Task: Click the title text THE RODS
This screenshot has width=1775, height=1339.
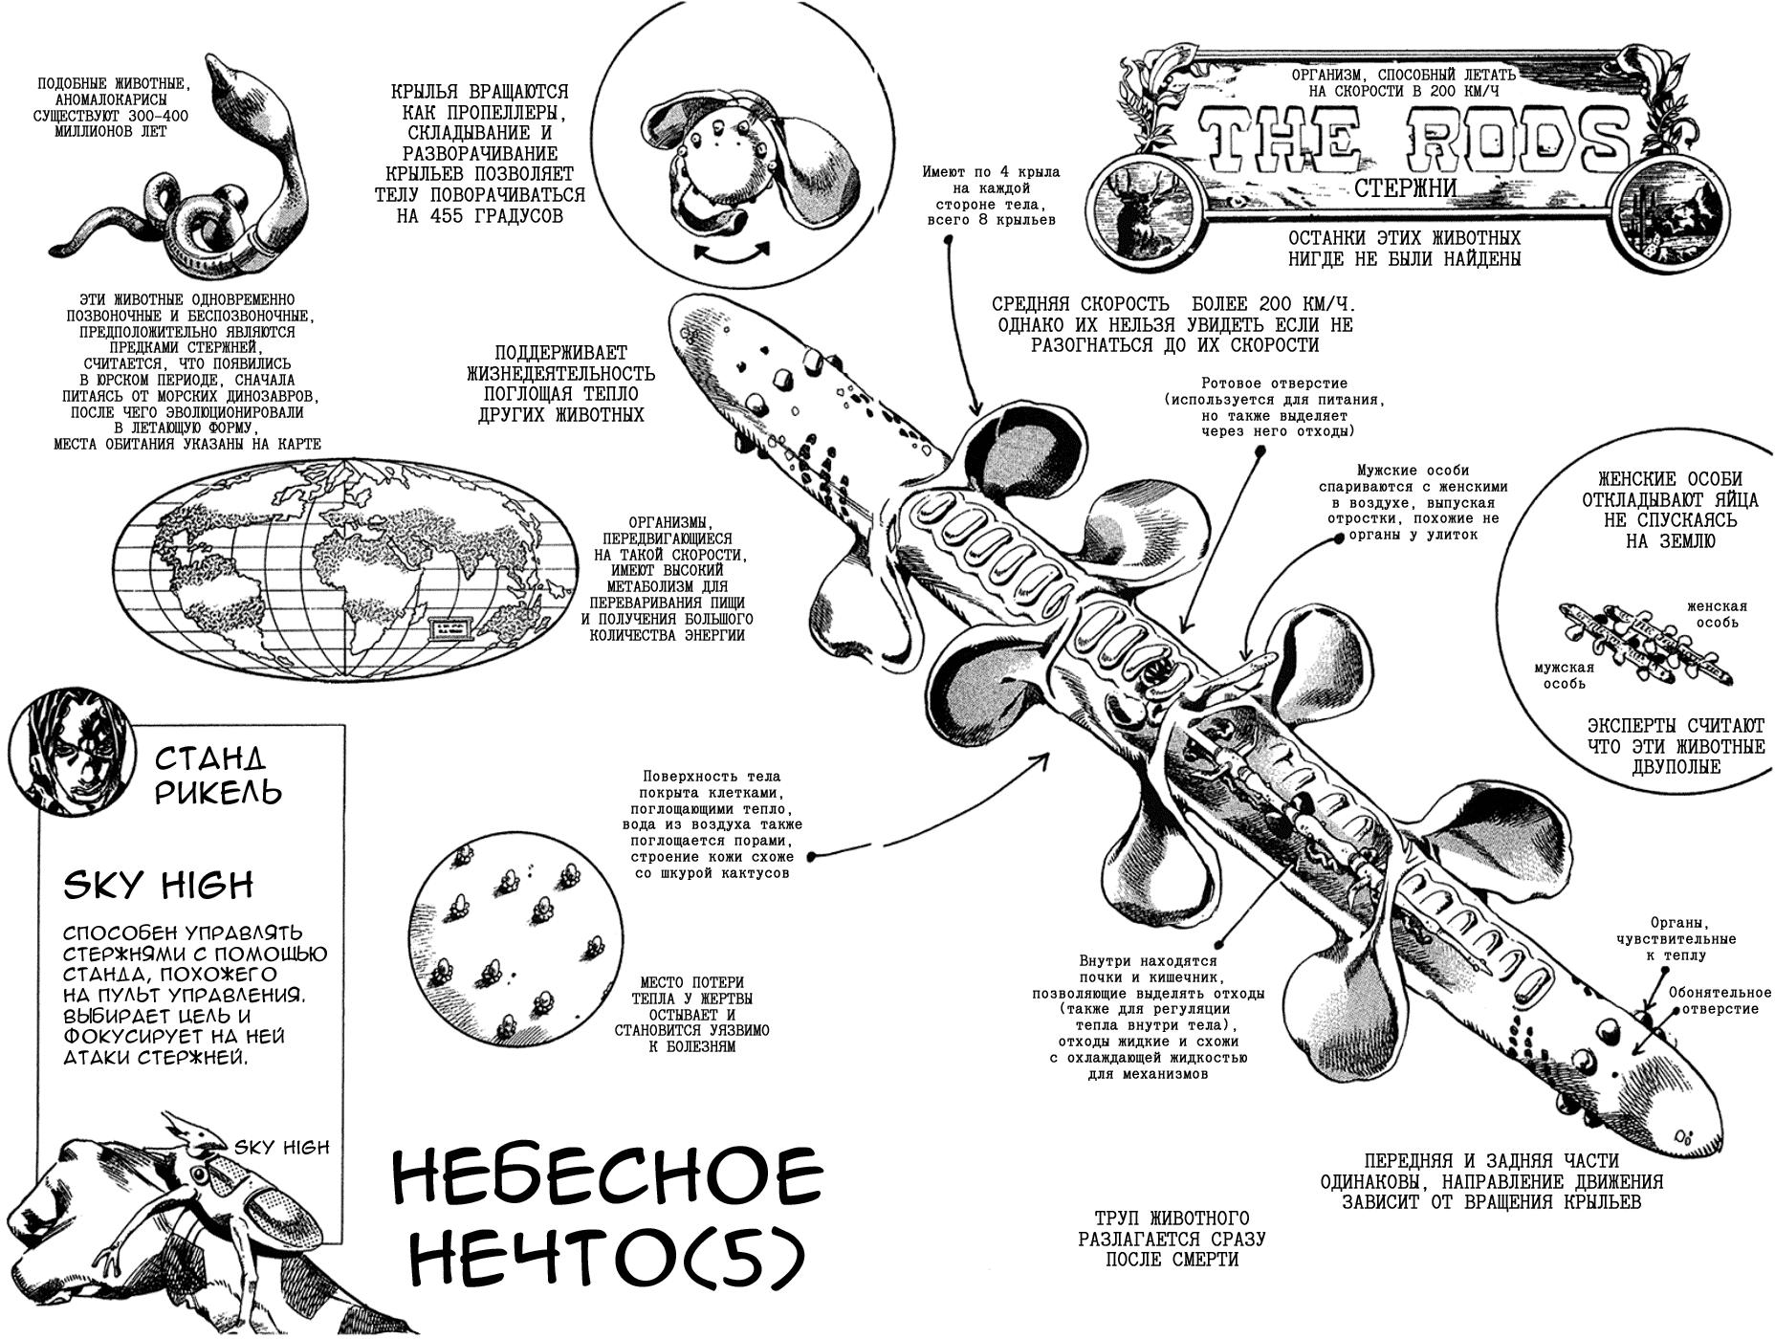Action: (1414, 141)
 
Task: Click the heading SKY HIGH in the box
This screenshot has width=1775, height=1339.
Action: (158, 886)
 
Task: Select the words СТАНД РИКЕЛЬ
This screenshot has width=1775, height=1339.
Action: (218, 776)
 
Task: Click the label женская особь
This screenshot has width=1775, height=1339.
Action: (1716, 614)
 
